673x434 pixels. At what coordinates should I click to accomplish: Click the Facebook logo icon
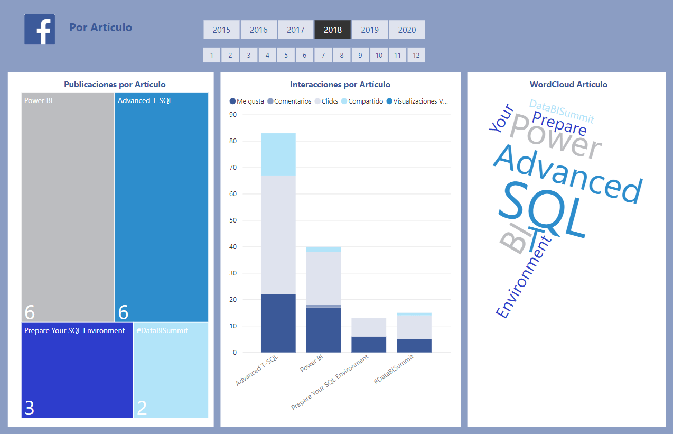pyautogui.click(x=40, y=30)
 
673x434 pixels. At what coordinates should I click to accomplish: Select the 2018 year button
pyautogui.click(x=333, y=30)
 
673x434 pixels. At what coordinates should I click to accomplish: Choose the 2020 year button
pyautogui.click(x=407, y=30)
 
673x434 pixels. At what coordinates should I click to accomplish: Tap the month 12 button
pyautogui.click(x=416, y=55)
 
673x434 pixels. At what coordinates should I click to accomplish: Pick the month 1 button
pyautogui.click(x=211, y=55)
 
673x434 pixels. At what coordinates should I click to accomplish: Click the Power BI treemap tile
pyautogui.click(x=68, y=206)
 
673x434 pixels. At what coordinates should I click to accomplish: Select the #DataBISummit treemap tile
pyautogui.click(x=171, y=370)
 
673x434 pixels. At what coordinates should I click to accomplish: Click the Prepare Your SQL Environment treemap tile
pyautogui.click(x=77, y=370)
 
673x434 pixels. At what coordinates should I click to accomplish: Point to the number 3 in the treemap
pyautogui.click(x=30, y=408)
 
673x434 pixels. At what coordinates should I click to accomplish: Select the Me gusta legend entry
pyautogui.click(x=247, y=101)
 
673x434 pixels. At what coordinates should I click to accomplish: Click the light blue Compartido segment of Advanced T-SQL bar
pyautogui.click(x=278, y=154)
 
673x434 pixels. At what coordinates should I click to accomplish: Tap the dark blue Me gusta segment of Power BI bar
pyautogui.click(x=323, y=330)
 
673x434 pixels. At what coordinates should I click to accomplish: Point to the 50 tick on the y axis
pyautogui.click(x=233, y=220)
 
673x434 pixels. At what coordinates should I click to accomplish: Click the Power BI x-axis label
pyautogui.click(x=312, y=363)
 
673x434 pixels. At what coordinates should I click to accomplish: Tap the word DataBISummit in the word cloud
pyautogui.click(x=562, y=111)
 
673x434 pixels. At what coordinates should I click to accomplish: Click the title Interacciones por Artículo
pyautogui.click(x=340, y=85)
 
